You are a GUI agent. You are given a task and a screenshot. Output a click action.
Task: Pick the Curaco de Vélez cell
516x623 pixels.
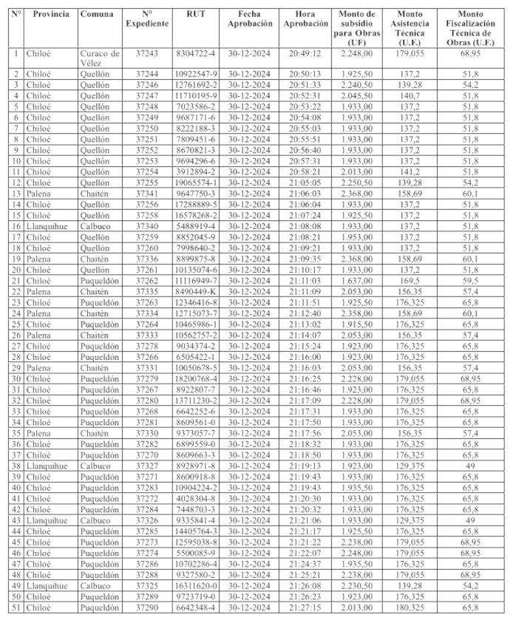99,58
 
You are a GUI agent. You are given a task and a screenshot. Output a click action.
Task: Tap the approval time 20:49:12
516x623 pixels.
305,53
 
